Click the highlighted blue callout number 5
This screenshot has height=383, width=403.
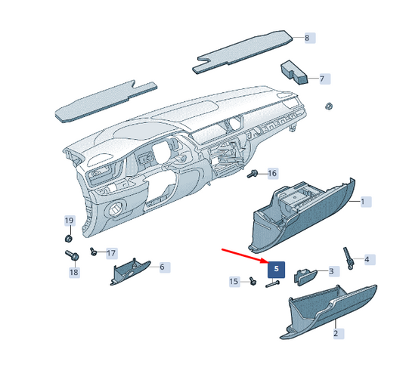coord(276,268)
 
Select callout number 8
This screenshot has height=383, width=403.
coord(307,38)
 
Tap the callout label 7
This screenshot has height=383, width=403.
coord(321,79)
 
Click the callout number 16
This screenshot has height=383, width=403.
coord(272,174)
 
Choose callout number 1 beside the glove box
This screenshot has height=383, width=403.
coord(362,202)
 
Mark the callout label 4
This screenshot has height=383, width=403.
coord(367,260)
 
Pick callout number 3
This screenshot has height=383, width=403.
coord(330,271)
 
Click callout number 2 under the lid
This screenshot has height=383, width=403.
coord(336,333)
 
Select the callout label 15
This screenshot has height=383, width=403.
coord(234,282)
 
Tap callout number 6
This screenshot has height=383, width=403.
coord(161,267)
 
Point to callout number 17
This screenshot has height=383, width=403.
coord(111,253)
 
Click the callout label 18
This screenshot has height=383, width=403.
coord(74,272)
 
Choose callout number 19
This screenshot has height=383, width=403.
coord(69,221)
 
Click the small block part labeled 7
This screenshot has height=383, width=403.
coord(296,71)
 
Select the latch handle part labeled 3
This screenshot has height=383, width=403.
coord(305,273)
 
